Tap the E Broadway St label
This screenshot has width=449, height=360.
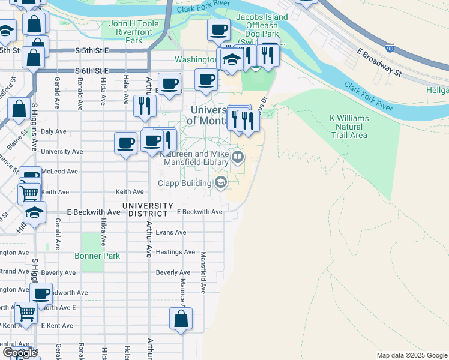tap(378, 62)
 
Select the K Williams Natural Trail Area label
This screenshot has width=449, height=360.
tap(350, 127)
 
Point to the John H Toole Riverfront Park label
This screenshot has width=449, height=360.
tap(126, 32)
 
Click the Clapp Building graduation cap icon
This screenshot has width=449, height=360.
tap(221, 183)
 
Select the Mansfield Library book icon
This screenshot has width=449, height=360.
tap(238, 158)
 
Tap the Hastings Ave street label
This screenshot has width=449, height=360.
tap(175, 252)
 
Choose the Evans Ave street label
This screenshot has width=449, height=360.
tap(171, 232)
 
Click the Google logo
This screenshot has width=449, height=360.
tap(20, 353)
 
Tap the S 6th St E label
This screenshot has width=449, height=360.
tap(92, 71)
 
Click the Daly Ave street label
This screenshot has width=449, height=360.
tap(53, 131)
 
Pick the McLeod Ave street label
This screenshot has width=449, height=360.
tap(64, 171)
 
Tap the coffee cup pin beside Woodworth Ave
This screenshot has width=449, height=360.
tap(41, 294)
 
